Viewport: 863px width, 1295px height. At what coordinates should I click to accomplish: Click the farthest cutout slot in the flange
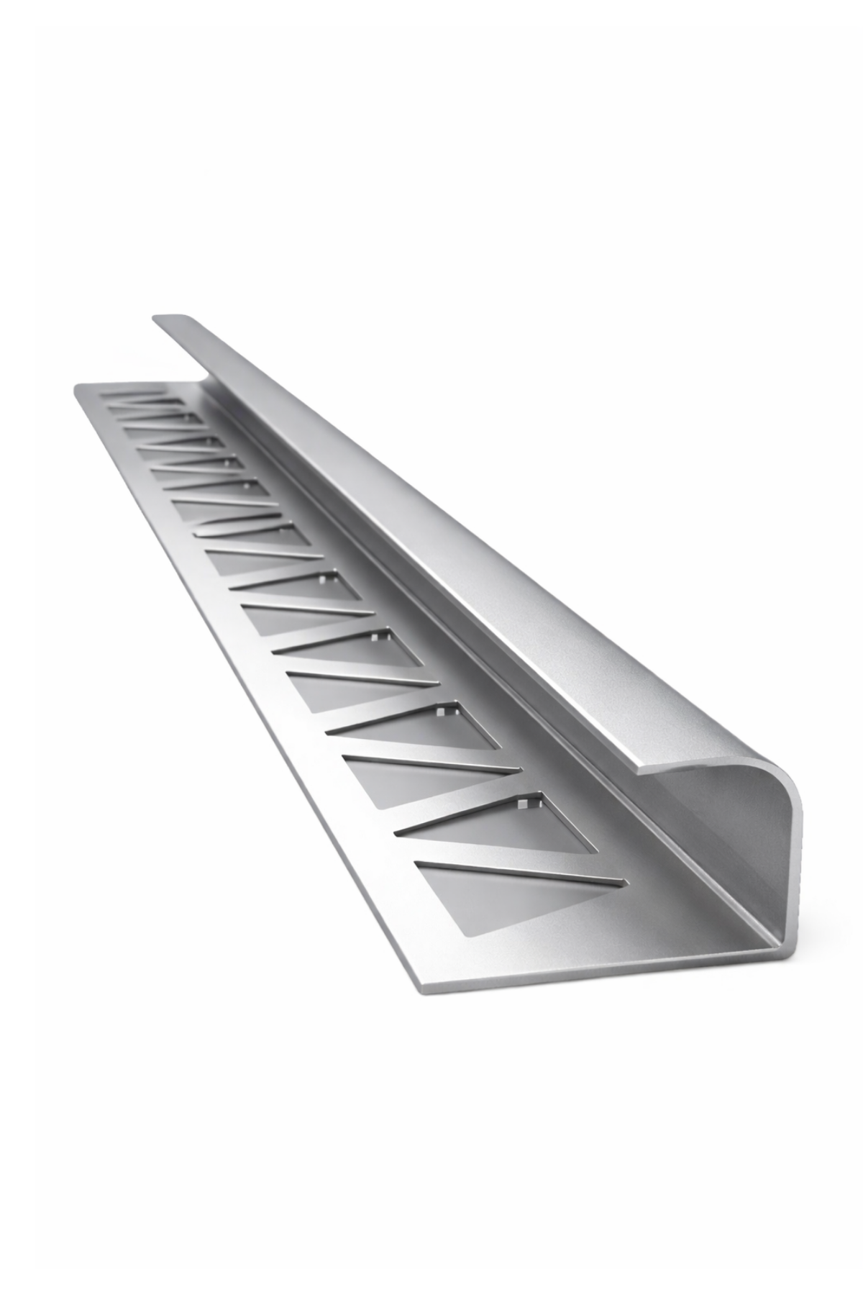[x=137, y=394]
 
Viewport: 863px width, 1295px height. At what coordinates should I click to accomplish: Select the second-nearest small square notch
[x=440, y=712]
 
